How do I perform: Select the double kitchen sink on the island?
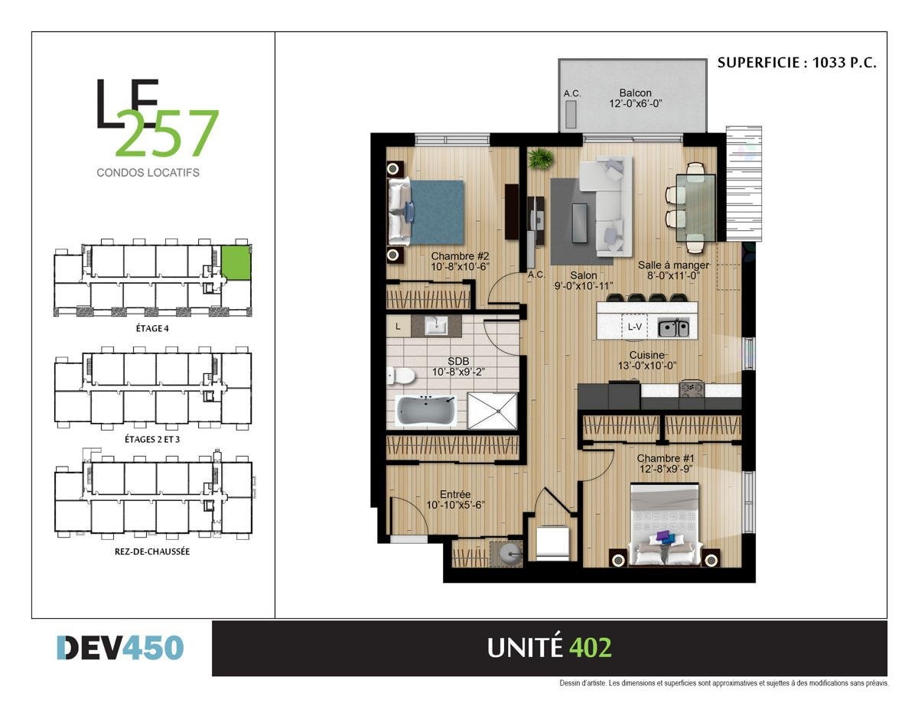674,328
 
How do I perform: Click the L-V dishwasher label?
634,327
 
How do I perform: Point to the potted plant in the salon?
541,158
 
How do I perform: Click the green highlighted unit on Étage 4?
236,262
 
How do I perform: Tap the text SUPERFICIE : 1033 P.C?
796,63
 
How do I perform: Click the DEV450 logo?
120,648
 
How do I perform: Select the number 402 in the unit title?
590,648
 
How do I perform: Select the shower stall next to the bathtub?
492,411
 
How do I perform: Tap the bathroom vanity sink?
438,325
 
